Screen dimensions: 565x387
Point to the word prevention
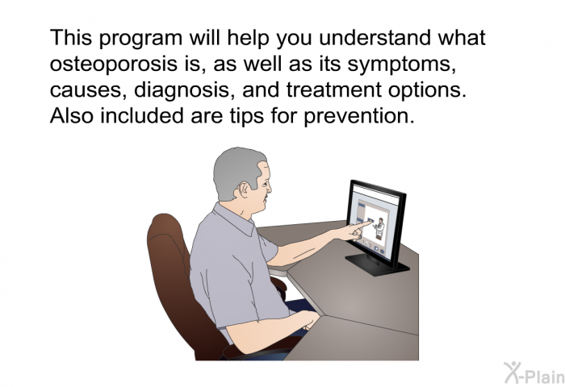[359, 117]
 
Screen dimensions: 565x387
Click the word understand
[375, 37]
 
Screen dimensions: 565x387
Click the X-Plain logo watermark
[534, 373]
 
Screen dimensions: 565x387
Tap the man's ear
[244, 189]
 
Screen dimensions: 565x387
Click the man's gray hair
[236, 171]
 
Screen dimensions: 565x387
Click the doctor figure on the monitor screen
[379, 228]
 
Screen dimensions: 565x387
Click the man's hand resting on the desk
[310, 320]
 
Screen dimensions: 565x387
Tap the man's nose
[269, 189]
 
